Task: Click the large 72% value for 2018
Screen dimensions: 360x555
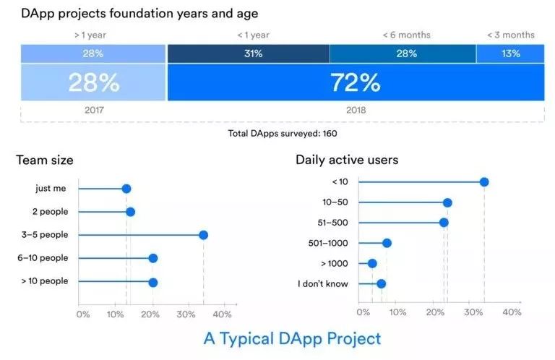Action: click(x=355, y=83)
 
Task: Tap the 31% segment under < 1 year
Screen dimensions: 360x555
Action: click(x=248, y=53)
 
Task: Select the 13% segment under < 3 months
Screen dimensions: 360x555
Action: click(x=510, y=53)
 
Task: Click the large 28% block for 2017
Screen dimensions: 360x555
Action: click(x=93, y=83)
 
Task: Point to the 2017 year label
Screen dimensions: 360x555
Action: click(x=93, y=111)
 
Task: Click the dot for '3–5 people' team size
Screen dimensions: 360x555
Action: click(x=203, y=235)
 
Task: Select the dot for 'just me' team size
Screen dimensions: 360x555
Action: click(x=126, y=189)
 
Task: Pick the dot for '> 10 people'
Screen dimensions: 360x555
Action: click(x=152, y=282)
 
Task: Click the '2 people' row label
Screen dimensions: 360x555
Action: click(x=50, y=212)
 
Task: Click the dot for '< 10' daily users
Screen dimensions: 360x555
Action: click(x=484, y=181)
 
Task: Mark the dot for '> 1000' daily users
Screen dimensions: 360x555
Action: click(x=372, y=263)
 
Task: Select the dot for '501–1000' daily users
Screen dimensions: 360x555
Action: click(x=387, y=243)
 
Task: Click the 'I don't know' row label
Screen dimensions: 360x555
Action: click(x=323, y=283)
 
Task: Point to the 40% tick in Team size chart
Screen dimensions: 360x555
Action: click(x=222, y=314)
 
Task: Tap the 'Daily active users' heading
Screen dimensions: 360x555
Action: click(x=347, y=160)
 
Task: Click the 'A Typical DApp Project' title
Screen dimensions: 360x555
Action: click(x=292, y=338)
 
